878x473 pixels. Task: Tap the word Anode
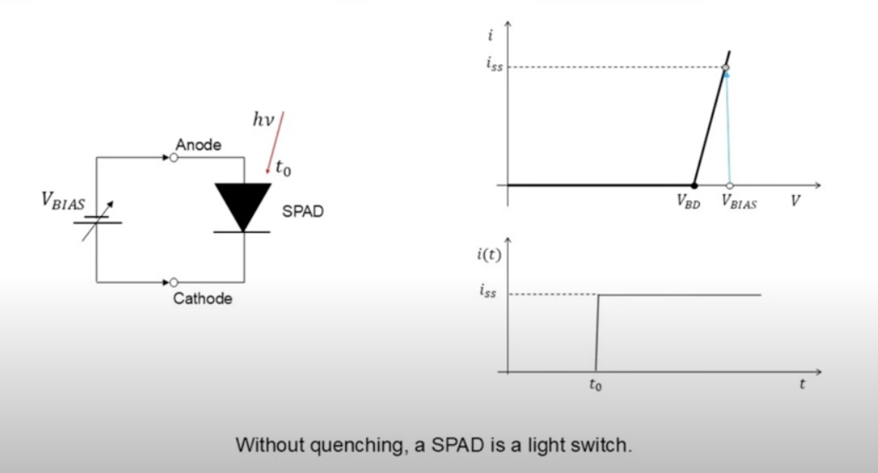pos(198,144)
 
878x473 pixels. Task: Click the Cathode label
pos(203,298)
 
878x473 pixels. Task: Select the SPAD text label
pos(303,211)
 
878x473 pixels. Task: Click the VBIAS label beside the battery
pos(63,201)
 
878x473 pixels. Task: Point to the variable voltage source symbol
pos(97,220)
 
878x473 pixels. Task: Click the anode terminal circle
pos(174,157)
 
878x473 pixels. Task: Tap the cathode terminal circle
pos(174,282)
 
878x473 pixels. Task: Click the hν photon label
pos(263,119)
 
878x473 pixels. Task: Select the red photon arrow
pos(275,143)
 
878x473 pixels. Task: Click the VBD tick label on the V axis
pos(688,201)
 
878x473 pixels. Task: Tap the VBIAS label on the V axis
pos(740,201)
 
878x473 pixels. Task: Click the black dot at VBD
pos(694,185)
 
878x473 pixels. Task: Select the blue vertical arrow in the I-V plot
pos(728,128)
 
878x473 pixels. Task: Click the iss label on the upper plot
pos(495,64)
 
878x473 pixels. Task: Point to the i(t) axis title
pos(489,254)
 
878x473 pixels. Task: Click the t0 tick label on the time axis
pos(595,385)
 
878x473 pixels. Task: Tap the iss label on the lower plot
pos(488,291)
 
